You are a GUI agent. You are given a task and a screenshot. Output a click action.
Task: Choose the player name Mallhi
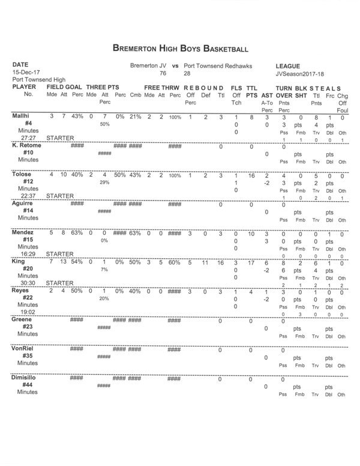[x=21, y=116]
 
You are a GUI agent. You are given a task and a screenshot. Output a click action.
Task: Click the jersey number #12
[x=27, y=181]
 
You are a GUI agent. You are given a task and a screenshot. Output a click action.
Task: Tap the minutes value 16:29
[x=27, y=253]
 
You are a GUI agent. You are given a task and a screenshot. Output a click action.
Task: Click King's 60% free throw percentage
[x=175, y=262]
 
